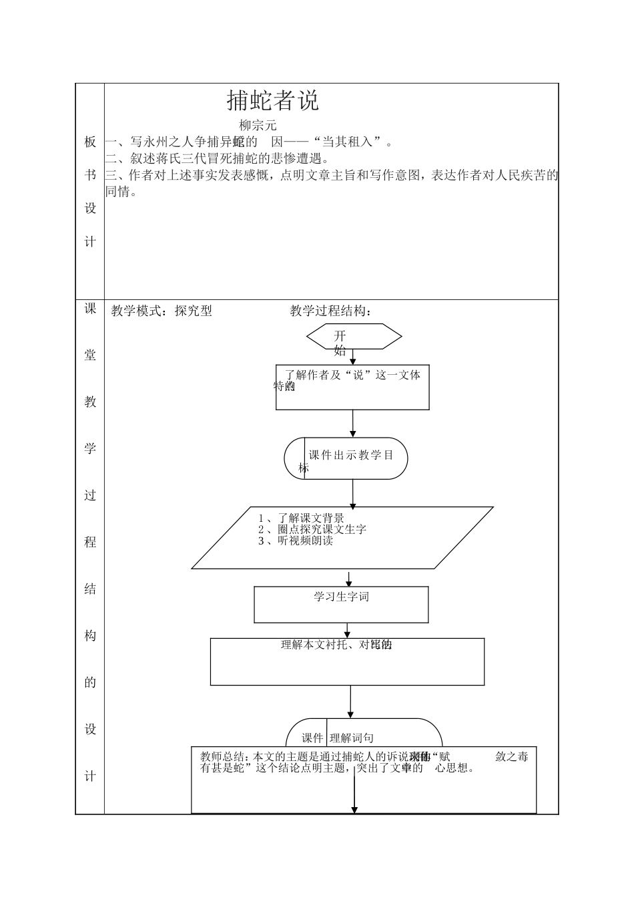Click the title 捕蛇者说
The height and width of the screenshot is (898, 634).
tap(273, 100)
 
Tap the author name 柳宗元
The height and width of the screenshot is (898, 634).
tap(258, 125)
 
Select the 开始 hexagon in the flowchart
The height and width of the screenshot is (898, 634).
tap(354, 337)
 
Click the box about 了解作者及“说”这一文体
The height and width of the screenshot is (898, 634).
tap(352, 387)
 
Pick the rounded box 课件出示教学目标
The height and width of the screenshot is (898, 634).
tap(346, 458)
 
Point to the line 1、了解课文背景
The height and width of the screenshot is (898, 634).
tap(302, 518)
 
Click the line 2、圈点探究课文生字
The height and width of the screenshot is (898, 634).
tap(312, 529)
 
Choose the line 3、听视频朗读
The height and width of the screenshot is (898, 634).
tap(296, 541)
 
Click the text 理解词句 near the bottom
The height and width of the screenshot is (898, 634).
tap(352, 738)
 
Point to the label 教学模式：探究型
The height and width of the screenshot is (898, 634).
tap(162, 311)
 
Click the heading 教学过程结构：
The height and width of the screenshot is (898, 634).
tap(331, 311)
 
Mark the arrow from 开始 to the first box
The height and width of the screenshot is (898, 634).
tap(353, 357)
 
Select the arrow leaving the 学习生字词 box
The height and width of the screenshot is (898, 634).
tap(348, 630)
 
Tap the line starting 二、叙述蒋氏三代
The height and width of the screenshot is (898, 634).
tap(217, 158)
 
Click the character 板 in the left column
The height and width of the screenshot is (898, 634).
tap(90, 142)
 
